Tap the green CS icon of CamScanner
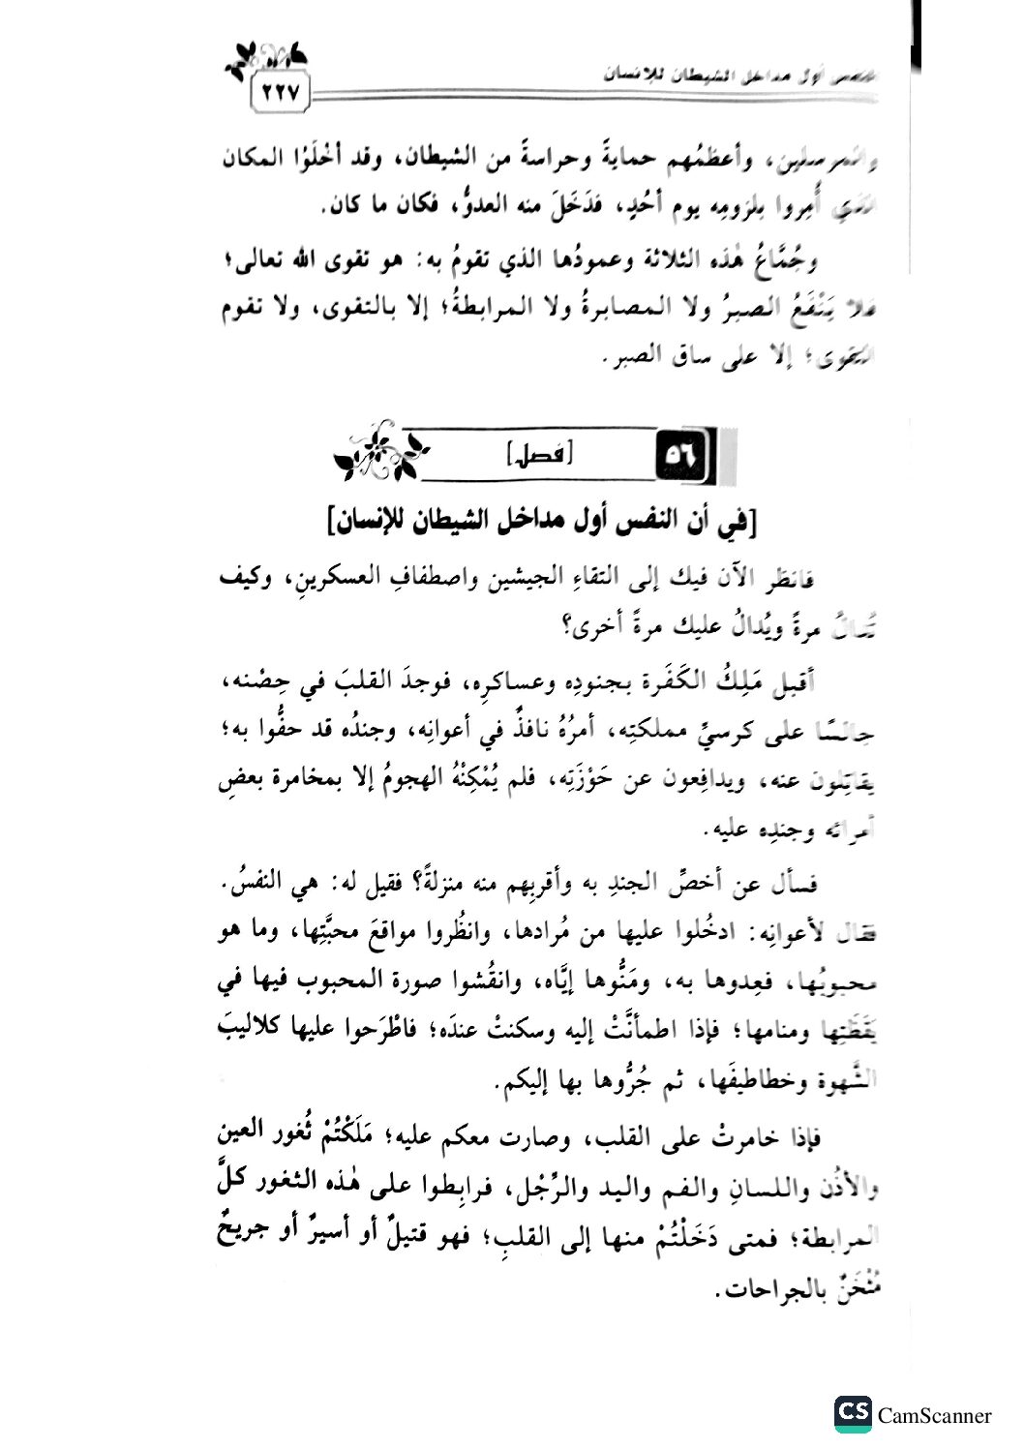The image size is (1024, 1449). click(x=853, y=1413)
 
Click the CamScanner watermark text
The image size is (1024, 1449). click(x=934, y=1415)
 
